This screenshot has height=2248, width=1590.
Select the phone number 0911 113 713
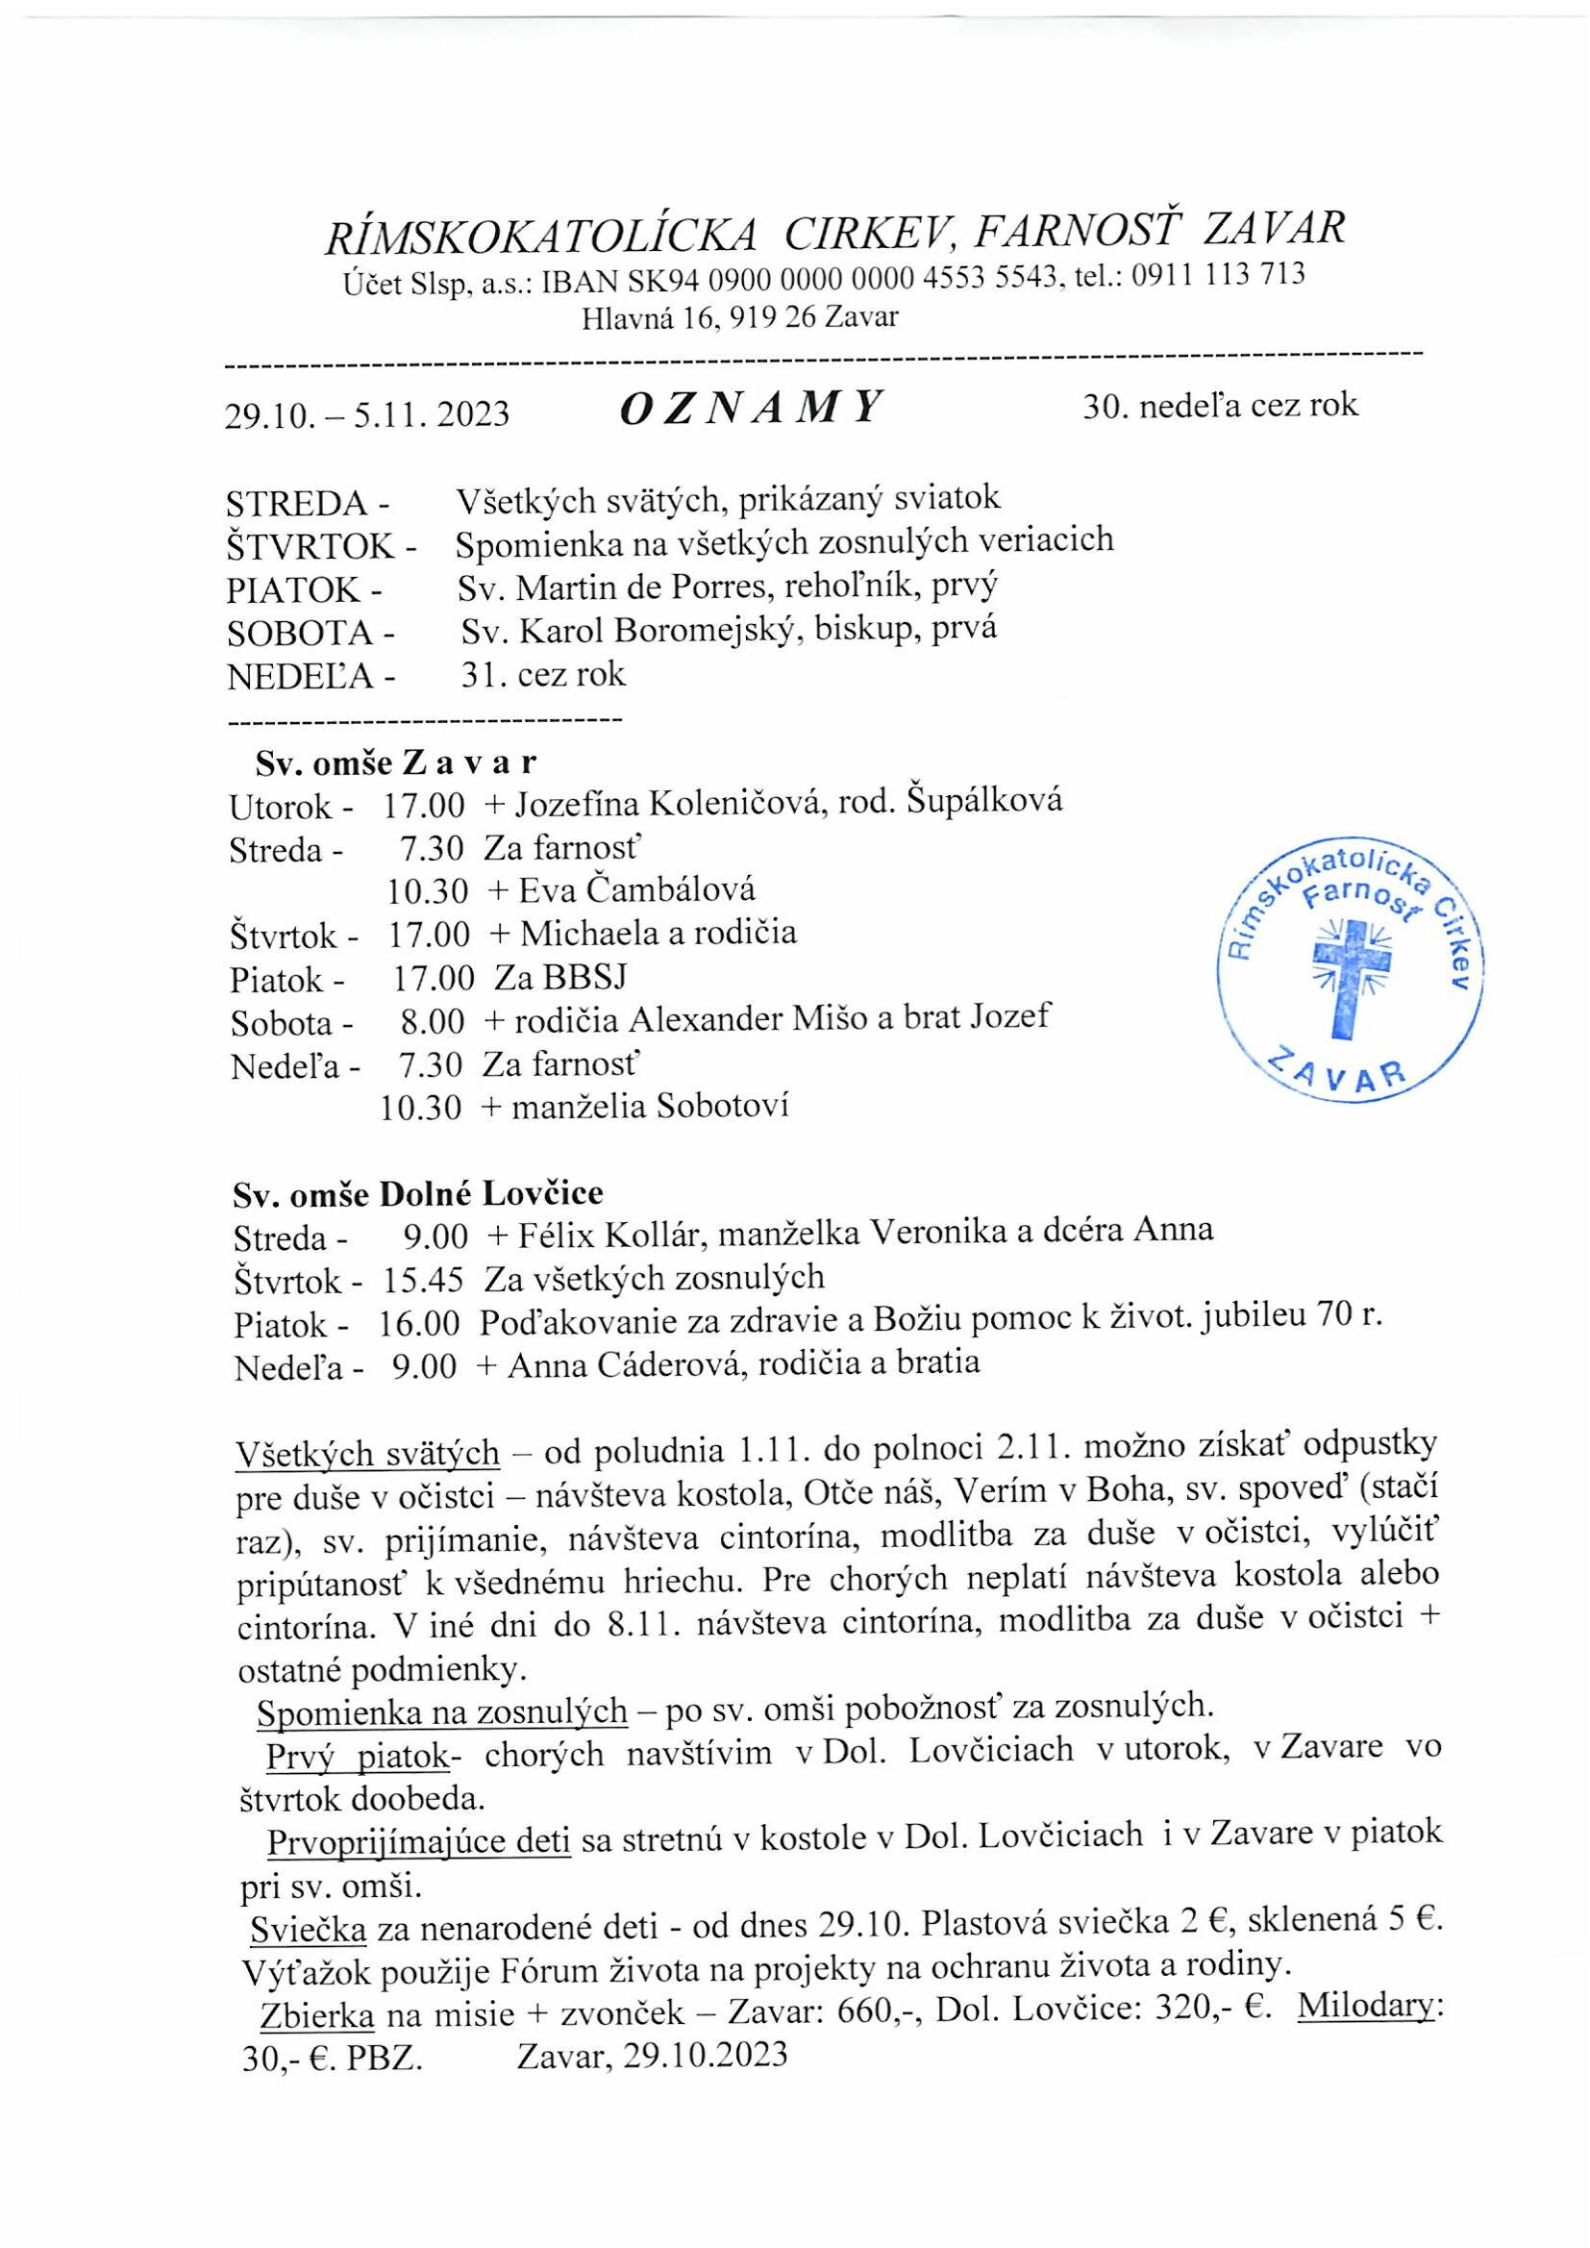(x=1218, y=275)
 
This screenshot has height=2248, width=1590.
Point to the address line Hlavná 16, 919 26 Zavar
(x=739, y=318)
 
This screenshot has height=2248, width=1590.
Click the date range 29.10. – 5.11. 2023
(x=367, y=415)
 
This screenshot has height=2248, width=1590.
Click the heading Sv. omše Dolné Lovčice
(x=418, y=1194)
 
